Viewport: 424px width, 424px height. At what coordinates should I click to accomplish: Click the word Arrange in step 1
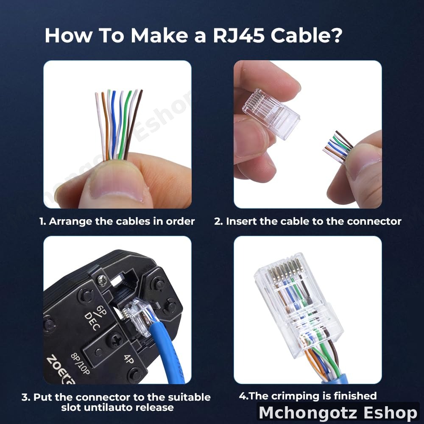tap(70, 221)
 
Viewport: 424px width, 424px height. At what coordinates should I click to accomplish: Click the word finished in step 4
tap(354, 396)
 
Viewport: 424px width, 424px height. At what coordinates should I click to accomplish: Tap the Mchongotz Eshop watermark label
tap(338, 413)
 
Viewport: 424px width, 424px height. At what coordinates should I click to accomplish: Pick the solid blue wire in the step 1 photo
tap(114, 127)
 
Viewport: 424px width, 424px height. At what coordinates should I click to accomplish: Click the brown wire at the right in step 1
tap(133, 123)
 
